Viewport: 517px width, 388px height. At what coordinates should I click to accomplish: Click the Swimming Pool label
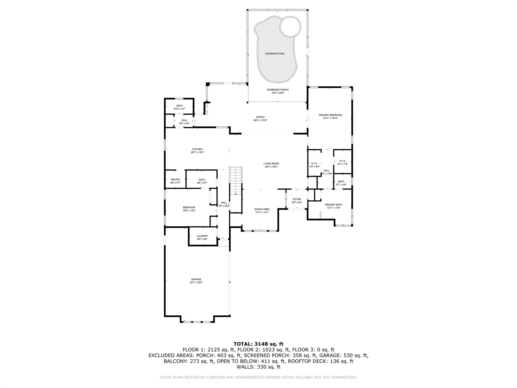275,54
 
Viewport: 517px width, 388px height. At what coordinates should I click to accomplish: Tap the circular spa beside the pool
290,27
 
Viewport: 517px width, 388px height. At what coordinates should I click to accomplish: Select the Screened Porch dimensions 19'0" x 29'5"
278,93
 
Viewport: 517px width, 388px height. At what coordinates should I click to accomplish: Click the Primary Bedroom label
330,115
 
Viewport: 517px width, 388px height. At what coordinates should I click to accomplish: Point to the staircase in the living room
236,180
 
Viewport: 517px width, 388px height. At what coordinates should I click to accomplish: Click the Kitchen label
197,149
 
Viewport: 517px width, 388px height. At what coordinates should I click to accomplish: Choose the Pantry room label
175,179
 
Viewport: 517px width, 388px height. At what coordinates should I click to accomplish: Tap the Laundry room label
202,236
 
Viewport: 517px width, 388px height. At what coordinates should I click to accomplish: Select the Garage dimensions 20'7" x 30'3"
196,282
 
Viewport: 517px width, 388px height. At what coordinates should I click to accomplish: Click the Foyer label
297,199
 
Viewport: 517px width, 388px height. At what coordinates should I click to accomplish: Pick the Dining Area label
262,209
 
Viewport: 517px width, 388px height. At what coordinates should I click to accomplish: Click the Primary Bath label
333,205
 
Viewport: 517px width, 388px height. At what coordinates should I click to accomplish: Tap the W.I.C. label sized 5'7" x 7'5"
343,161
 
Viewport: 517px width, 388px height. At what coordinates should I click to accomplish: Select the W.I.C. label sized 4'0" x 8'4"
314,163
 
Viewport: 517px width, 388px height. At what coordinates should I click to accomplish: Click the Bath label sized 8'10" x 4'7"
179,106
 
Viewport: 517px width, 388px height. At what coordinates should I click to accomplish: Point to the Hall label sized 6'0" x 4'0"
184,120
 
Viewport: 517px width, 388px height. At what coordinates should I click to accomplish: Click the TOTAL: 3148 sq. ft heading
258,344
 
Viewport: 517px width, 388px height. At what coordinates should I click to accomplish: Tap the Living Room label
271,163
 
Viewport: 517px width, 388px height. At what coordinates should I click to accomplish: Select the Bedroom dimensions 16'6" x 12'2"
189,210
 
